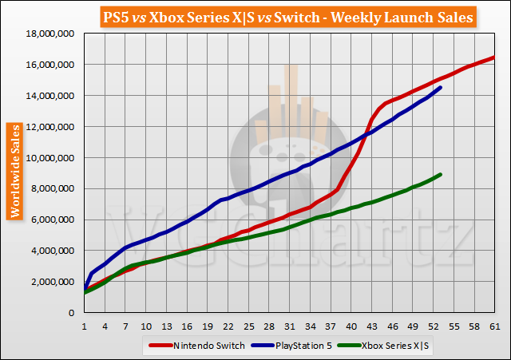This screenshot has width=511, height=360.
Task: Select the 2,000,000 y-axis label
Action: click(50, 282)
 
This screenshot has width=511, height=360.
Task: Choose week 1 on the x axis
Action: click(84, 326)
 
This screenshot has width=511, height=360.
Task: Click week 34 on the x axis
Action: click(309, 326)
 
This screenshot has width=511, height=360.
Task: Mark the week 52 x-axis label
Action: click(432, 326)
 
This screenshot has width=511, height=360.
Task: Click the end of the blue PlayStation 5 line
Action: click(442, 87)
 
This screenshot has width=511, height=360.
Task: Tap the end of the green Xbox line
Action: click(442, 174)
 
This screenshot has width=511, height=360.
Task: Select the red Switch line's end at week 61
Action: click(493, 57)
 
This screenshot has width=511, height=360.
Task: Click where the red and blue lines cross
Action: click(365, 135)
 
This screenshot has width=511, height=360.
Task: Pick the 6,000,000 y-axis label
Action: click(50, 220)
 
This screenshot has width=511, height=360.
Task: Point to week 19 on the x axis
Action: click(207, 326)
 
